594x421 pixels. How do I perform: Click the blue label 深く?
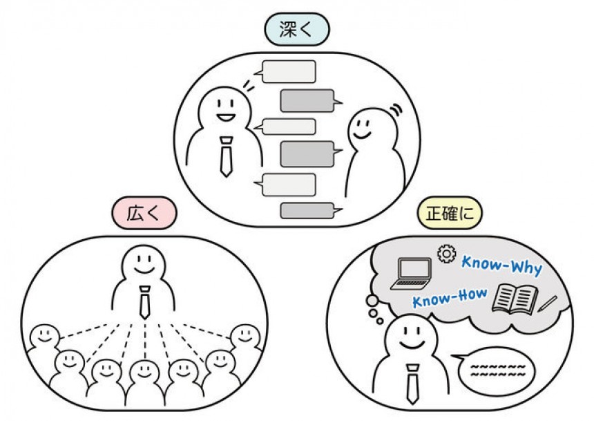[x=296, y=30]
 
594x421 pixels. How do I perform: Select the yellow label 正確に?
[x=451, y=213]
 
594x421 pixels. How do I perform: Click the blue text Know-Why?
[x=501, y=265]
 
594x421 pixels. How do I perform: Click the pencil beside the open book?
[x=548, y=303]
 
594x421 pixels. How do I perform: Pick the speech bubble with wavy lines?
[x=497, y=371]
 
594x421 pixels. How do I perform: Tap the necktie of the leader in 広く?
[x=144, y=301]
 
